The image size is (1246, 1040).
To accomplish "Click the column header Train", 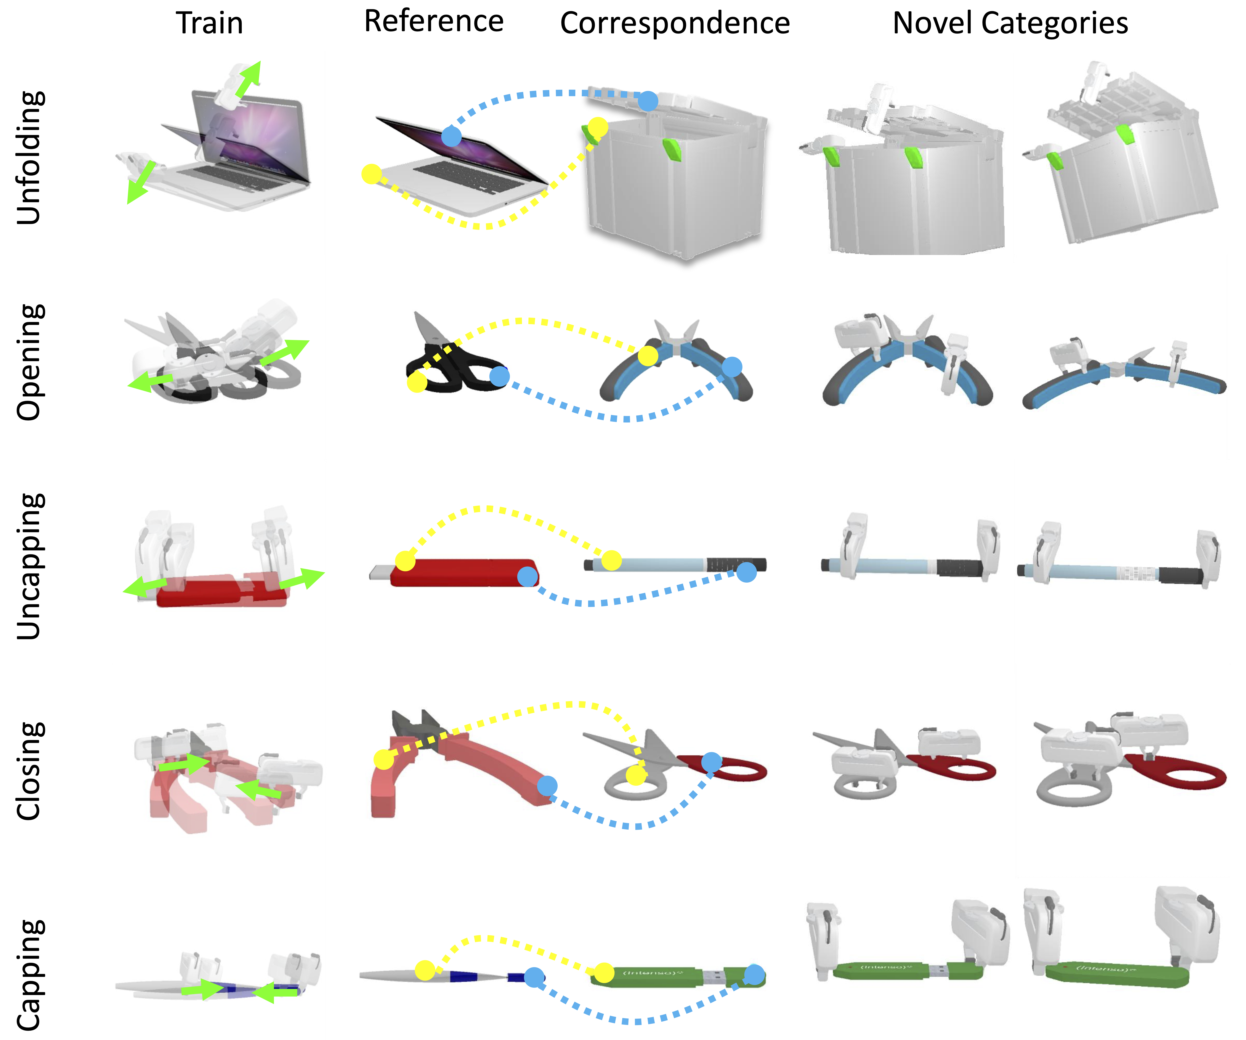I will pos(209,24).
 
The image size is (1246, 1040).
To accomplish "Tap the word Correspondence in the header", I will pos(675,24).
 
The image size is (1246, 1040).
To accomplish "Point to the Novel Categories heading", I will pos(1010,24).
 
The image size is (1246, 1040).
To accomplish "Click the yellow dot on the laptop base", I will pos(371,174).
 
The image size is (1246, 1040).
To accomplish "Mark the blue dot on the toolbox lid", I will pos(648,101).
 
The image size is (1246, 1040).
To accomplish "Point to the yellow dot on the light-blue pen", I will pos(611,560).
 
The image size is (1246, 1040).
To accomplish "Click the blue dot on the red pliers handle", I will pos(547,786).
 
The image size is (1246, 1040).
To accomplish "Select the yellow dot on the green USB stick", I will pos(604,973).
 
